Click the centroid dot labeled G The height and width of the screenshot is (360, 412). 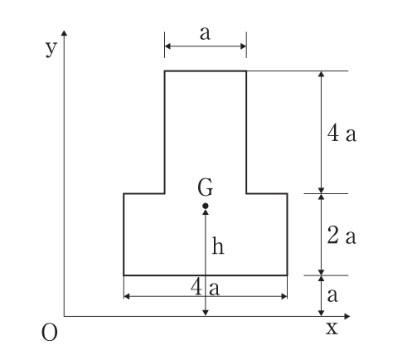coord(206,206)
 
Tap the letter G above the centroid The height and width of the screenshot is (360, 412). coord(206,187)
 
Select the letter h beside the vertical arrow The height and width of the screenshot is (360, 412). coord(218,246)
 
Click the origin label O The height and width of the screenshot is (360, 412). coord(50,333)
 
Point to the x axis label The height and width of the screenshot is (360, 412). coord(332,328)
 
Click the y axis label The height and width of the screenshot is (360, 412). coord(51,49)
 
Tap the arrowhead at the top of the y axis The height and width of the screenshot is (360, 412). coord(64,33)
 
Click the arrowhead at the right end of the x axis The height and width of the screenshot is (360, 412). coord(347,316)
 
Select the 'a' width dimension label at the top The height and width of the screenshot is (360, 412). coord(205,33)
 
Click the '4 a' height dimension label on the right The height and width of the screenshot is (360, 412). coord(342,134)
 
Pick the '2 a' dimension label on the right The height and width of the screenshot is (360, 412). coord(342,235)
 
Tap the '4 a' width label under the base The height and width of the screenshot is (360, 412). coord(205,287)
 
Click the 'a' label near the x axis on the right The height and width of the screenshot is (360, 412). coord(332,295)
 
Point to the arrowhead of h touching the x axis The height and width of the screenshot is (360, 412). coord(206,313)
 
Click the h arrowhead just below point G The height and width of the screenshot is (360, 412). coord(206,212)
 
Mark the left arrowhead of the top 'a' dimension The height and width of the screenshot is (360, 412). coord(167,46)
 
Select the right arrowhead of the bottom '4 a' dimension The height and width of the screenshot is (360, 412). coord(284,296)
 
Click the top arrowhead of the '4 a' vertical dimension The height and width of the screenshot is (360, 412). coord(321,74)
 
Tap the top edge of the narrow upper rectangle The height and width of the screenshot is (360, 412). coord(206,71)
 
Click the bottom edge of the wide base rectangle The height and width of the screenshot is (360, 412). coord(206,275)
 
